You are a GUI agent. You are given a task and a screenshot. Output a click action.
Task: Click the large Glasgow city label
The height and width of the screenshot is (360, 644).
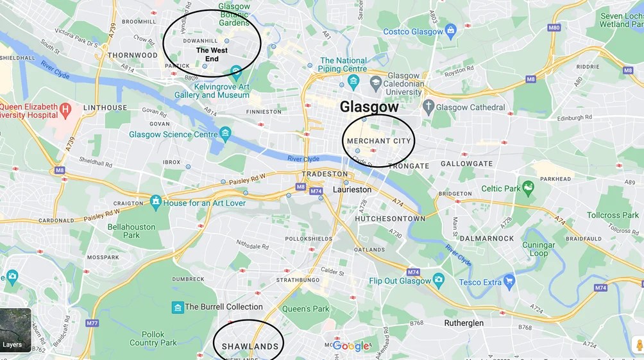(x=369, y=107)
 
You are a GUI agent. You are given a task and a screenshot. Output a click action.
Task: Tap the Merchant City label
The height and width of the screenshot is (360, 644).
(x=378, y=141)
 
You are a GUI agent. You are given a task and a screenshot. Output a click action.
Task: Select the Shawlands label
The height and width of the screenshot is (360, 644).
(x=250, y=347)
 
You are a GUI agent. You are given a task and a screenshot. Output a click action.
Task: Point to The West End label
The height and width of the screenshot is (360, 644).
(x=212, y=55)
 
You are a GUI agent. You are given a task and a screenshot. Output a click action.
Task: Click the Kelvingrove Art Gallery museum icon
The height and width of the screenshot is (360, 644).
(x=236, y=70)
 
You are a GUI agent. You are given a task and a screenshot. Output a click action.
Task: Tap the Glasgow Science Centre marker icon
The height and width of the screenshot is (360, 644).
(x=225, y=134)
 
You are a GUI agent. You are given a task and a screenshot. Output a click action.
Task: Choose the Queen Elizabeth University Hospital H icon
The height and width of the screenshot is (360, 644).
(x=65, y=110)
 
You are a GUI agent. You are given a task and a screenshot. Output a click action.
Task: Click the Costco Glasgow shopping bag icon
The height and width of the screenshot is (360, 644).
(x=451, y=30)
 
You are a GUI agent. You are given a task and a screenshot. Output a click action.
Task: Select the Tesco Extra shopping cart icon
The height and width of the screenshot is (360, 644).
(x=509, y=281)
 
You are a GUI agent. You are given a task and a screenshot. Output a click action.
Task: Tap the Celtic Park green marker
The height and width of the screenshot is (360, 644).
(x=528, y=187)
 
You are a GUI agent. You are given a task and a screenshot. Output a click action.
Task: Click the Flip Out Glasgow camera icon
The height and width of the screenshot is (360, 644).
(x=439, y=280)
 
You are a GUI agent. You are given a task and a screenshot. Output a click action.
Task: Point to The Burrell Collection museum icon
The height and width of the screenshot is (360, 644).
(x=178, y=307)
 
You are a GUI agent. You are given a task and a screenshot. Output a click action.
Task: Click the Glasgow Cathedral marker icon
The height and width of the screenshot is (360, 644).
(x=428, y=107)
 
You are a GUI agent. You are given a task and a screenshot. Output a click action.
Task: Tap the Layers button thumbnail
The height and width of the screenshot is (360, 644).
(x=15, y=330)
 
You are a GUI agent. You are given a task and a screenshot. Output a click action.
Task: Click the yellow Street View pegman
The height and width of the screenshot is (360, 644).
(x=638, y=345)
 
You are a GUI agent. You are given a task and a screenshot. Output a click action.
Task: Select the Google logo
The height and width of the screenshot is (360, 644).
(x=351, y=346)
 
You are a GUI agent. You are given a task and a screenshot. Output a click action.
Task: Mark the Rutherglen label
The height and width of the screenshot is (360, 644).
(x=464, y=323)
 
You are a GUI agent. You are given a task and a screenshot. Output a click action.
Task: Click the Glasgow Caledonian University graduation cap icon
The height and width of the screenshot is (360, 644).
(x=376, y=82)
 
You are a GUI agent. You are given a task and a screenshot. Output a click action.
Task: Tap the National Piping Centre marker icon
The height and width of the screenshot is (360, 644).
(x=353, y=80)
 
